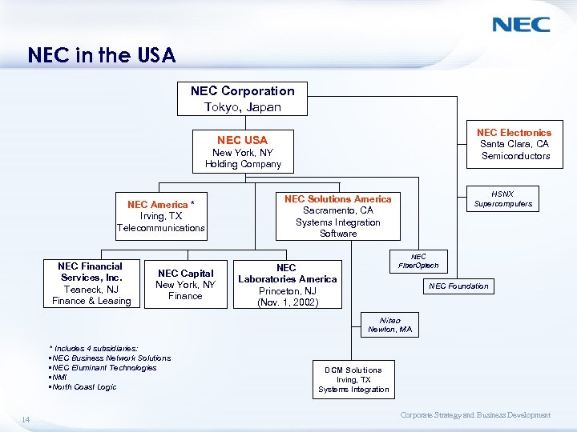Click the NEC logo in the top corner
tap(521, 24)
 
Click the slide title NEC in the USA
tap(101, 55)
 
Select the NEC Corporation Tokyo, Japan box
tap(242, 98)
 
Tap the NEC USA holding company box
tap(243, 151)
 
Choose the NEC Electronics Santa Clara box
tap(514, 144)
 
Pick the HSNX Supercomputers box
tap(502, 198)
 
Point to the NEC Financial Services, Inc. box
tap(91, 283)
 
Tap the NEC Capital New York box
tap(185, 284)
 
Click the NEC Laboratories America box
tap(287, 285)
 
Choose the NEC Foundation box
tap(458, 286)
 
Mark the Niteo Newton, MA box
tap(389, 325)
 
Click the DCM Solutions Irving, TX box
tap(353, 379)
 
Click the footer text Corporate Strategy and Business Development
tap(475, 415)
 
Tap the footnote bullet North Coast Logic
tap(83, 387)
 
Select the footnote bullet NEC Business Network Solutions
tap(110, 358)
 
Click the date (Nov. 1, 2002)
tap(288, 302)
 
